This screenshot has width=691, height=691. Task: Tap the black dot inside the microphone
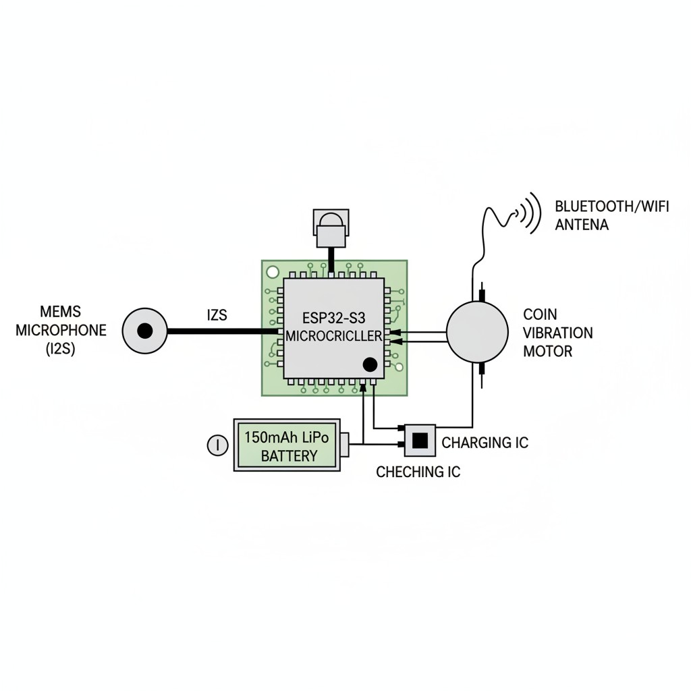pyautogui.click(x=144, y=331)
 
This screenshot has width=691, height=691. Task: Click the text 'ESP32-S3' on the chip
pyautogui.click(x=334, y=317)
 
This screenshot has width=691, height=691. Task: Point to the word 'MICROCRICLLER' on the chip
pyautogui.click(x=334, y=335)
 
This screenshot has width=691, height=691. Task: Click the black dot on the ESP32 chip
pyautogui.click(x=370, y=365)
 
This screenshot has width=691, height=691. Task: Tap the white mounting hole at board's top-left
pyautogui.click(x=273, y=272)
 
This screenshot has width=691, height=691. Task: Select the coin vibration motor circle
pyautogui.click(x=477, y=331)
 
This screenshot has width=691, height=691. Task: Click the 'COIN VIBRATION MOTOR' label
pyautogui.click(x=558, y=333)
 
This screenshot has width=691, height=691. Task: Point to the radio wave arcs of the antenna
pyautogui.click(x=531, y=213)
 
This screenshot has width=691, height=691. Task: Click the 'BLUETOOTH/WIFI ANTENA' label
pyautogui.click(x=611, y=215)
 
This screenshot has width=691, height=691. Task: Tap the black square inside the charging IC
pyautogui.click(x=420, y=440)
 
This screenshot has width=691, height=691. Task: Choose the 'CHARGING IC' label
pyautogui.click(x=485, y=443)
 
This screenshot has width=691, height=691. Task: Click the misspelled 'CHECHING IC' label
pyautogui.click(x=418, y=472)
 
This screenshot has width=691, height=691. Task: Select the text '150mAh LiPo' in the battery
pyautogui.click(x=287, y=437)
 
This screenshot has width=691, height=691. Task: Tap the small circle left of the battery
pyautogui.click(x=217, y=445)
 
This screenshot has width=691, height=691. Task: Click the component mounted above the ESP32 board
pyautogui.click(x=331, y=228)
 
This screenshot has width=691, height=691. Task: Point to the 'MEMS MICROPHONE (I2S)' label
pyautogui.click(x=61, y=331)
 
